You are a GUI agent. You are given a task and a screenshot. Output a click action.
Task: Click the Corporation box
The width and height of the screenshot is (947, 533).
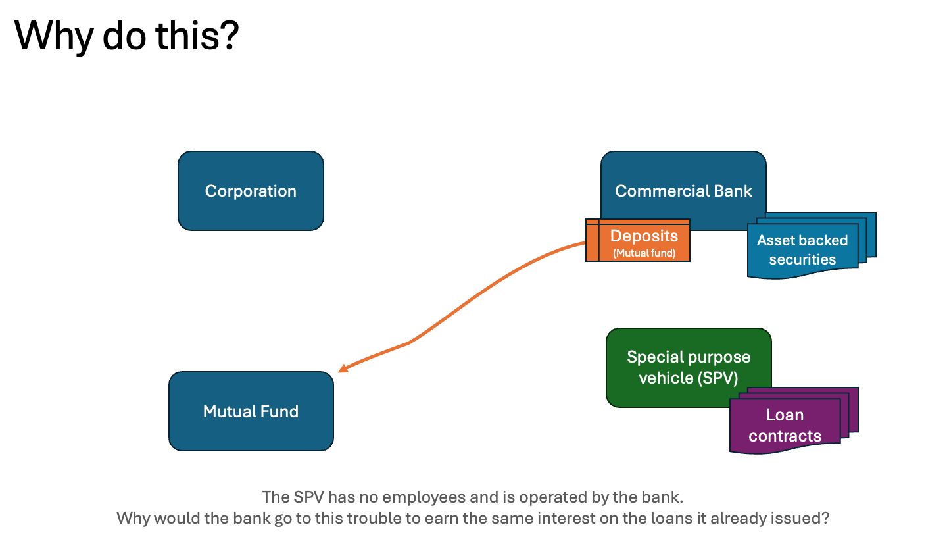click(251, 191)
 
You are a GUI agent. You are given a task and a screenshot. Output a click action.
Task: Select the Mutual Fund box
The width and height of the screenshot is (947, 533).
click(251, 411)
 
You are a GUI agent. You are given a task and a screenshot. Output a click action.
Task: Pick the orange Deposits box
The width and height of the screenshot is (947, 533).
click(644, 242)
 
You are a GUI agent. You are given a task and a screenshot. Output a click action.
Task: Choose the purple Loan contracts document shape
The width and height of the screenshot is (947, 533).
click(785, 425)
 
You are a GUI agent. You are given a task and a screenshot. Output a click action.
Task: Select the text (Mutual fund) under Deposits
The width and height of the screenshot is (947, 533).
click(644, 253)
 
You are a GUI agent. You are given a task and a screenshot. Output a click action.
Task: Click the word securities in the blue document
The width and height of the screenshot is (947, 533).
click(802, 259)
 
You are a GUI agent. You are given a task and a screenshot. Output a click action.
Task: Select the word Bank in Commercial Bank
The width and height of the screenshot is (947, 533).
click(733, 191)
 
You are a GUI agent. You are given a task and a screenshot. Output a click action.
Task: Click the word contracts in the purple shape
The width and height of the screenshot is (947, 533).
click(785, 436)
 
